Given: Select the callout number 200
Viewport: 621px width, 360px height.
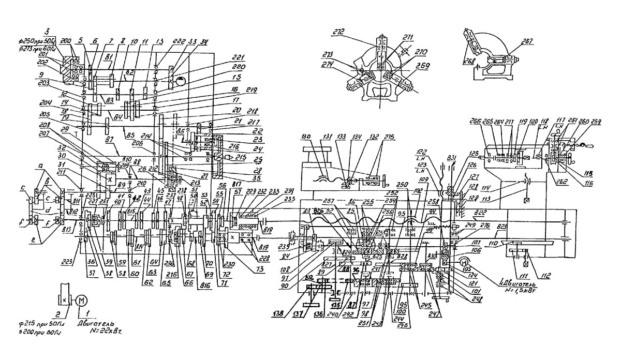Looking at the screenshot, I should tap(66, 40).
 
